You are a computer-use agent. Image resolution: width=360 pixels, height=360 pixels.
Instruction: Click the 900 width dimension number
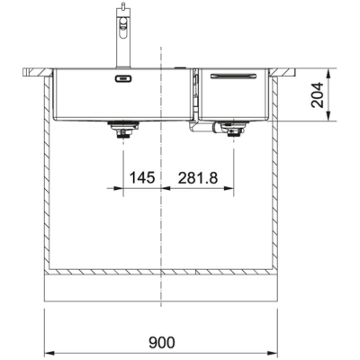coord(161,341)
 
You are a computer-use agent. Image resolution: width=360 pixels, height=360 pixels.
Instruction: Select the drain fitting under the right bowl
coord(236,132)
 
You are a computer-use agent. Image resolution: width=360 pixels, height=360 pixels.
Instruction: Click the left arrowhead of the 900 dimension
coord(48,352)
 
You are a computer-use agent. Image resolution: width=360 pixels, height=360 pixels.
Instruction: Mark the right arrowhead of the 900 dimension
coord(276,352)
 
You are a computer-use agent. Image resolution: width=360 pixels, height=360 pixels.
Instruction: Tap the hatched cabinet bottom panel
coord(162,271)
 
